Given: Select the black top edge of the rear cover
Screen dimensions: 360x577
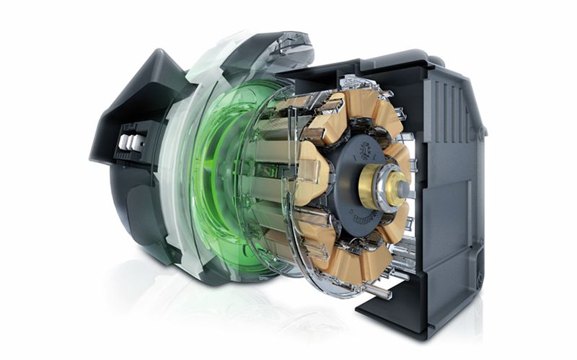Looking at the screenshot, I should click(375, 61).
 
